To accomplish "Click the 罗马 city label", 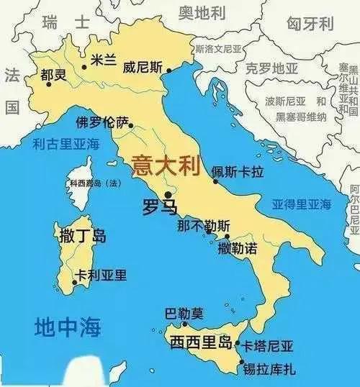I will (158, 209).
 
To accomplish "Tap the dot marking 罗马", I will (168, 194).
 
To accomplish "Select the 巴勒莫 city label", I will (184, 314).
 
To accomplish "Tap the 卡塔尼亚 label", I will (269, 346).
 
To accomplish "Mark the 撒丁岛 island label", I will (80, 234).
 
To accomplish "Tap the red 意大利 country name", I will (164, 167).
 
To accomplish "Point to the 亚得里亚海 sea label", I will (301, 204).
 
